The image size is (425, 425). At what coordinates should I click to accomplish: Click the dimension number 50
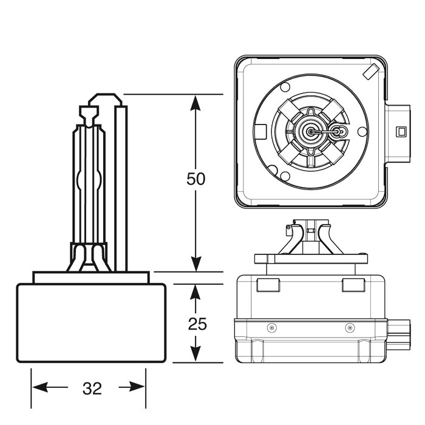196,179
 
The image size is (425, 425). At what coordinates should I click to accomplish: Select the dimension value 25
197,324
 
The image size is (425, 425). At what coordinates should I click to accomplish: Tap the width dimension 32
92,389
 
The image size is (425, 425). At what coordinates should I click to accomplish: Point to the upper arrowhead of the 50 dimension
195,103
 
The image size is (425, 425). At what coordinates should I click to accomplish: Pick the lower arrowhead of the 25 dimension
195,355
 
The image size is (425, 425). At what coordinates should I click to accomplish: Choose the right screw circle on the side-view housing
348,328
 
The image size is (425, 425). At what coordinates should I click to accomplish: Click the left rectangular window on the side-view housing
267,285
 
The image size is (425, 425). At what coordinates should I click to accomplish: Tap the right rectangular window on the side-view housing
352,285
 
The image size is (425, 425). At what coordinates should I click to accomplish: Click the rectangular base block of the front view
91,323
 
